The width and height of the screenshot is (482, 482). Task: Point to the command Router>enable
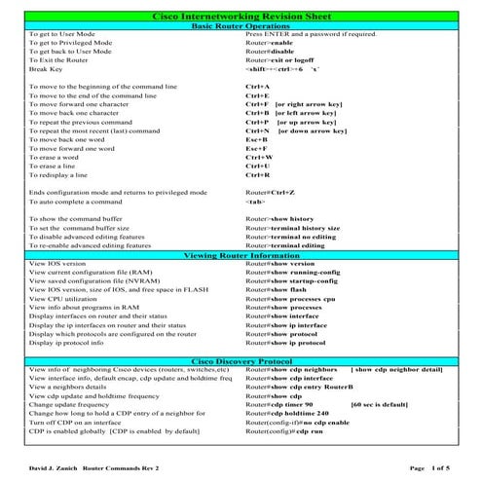[x=269, y=43]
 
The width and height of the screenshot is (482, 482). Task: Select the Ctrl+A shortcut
[x=257, y=87]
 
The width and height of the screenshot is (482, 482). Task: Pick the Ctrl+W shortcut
[x=258, y=156]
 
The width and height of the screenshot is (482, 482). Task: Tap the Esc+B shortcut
[x=257, y=138]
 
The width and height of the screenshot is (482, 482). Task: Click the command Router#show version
[x=279, y=264]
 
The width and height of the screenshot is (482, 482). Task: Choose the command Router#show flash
[x=277, y=290]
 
